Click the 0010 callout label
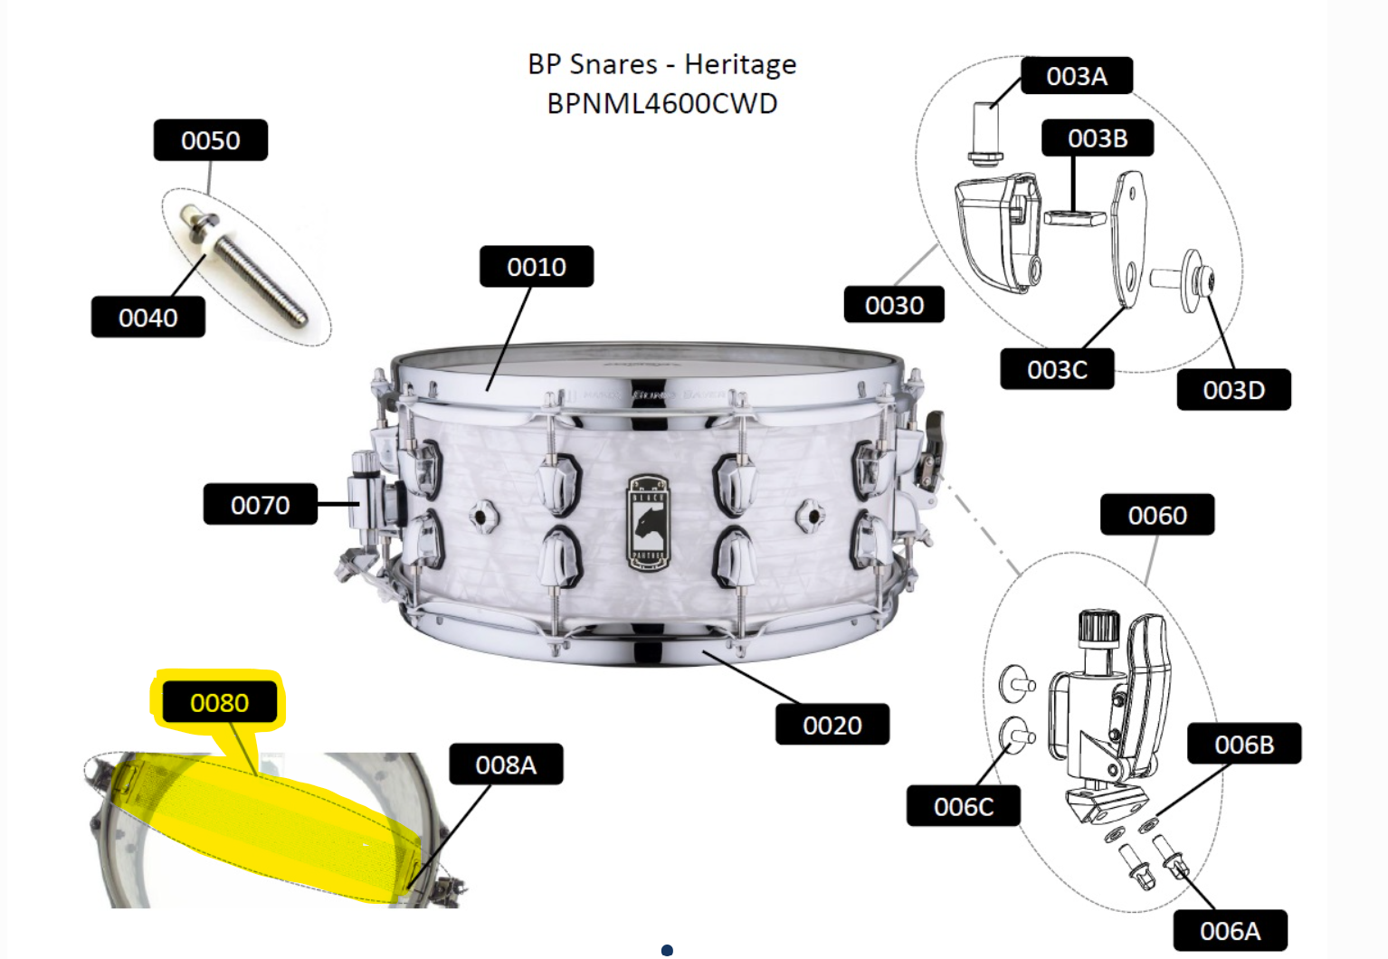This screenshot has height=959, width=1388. (537, 266)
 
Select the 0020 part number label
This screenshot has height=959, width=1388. (832, 724)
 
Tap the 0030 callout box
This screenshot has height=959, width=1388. (894, 304)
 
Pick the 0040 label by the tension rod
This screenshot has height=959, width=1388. (148, 318)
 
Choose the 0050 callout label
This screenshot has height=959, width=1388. (211, 140)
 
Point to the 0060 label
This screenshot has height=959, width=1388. (1157, 514)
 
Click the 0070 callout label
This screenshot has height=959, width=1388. (261, 504)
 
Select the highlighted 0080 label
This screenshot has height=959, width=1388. (219, 702)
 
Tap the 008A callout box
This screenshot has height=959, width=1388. (506, 764)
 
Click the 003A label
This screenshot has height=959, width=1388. (1077, 76)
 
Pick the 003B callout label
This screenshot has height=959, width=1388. (1098, 138)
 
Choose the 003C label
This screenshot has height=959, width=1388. (1057, 369)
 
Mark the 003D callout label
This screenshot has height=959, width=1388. (1233, 390)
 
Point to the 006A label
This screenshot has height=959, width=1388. (1230, 931)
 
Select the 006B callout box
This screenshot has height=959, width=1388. (1244, 744)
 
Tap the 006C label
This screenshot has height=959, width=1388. (964, 806)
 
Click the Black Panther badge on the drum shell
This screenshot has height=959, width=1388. (648, 523)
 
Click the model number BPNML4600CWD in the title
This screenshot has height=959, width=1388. (662, 103)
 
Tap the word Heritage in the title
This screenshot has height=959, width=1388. (740, 65)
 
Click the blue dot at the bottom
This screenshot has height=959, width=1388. (668, 950)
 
